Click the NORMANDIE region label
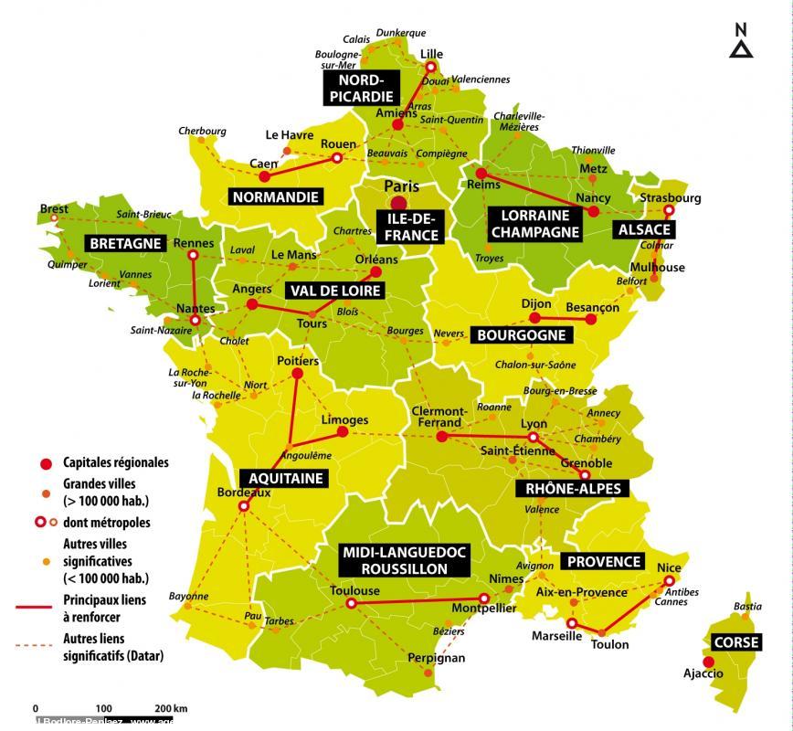pos(275,196)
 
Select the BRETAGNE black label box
pos(125,243)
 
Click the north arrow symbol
pos(741,43)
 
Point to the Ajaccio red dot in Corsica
pos(708,662)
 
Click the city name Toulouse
pos(354,590)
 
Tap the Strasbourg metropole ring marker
pos(668,210)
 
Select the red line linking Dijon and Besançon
pos(563,318)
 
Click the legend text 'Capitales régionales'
pos(115,462)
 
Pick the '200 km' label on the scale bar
pos(171,708)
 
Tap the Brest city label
pos(54,209)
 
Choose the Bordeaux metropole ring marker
pos(244,506)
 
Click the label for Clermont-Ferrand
pos(439,417)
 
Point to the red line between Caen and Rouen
pos(300,167)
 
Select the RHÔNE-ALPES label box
pos(573,489)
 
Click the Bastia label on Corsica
pos(747,606)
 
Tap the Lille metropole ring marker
pos(431,67)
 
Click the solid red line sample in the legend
pos(37,606)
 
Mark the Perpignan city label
pos(436,657)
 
